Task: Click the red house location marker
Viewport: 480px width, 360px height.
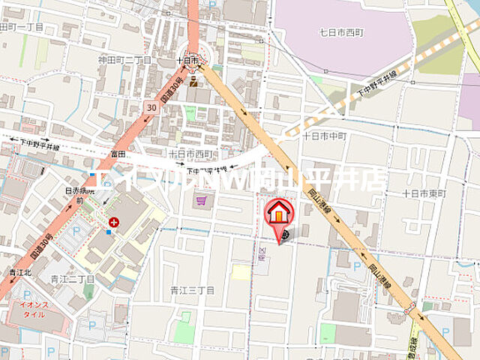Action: [278, 213]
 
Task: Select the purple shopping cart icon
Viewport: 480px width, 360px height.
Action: [201, 200]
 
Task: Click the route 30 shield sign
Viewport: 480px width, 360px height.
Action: [152, 108]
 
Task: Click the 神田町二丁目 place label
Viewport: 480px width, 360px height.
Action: [124, 59]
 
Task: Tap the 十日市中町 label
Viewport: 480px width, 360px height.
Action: [325, 136]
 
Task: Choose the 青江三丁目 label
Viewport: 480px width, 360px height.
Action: [192, 289]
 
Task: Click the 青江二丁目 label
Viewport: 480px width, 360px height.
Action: [73, 279]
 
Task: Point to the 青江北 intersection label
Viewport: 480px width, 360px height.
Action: [20, 272]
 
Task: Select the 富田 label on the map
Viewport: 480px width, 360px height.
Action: [117, 153]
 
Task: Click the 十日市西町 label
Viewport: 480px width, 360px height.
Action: [191, 153]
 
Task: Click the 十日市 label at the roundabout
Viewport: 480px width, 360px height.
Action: [187, 59]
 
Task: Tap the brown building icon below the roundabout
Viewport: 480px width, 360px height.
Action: [193, 81]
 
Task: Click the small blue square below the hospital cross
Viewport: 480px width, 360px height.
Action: [109, 232]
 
